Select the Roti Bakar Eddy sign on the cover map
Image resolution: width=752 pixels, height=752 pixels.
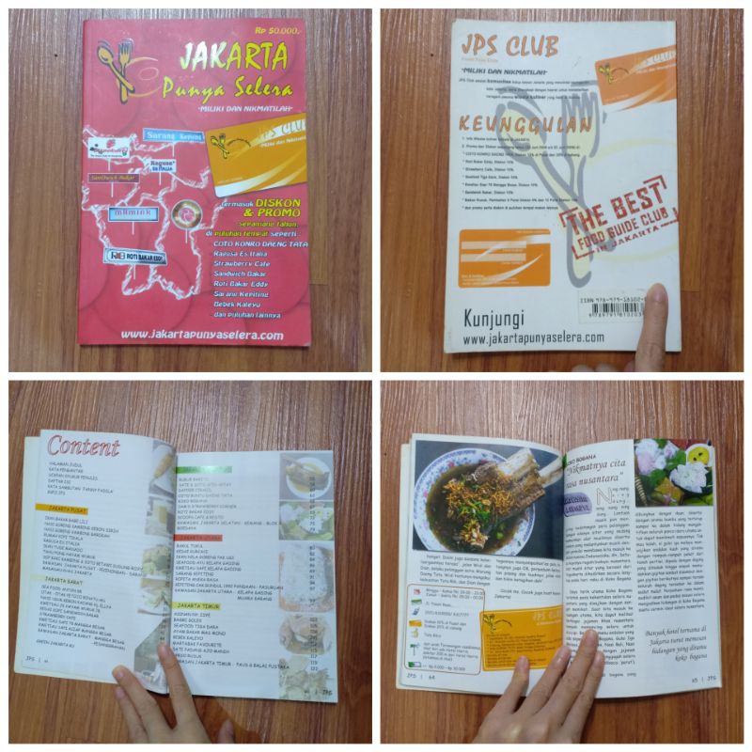[135, 254]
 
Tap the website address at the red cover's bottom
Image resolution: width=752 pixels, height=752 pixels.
[201, 335]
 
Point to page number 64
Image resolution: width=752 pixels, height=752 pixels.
[432, 675]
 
